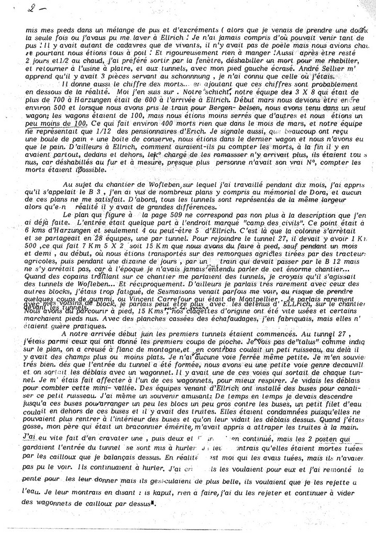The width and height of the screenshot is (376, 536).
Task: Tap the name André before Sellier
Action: click(322, 69)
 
